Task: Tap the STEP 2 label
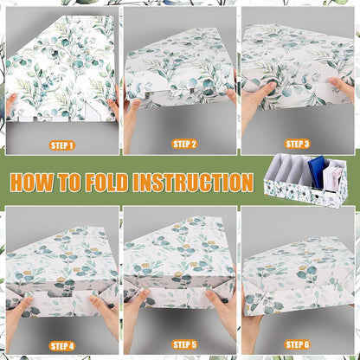(184, 144)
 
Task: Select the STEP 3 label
(297, 144)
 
